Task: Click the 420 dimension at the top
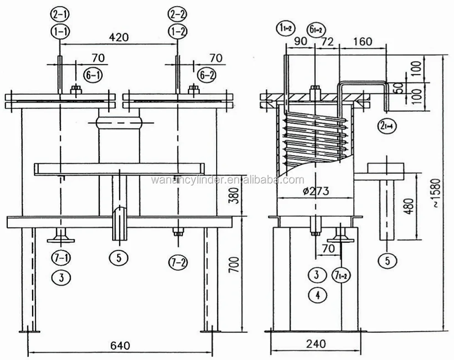click(x=119, y=36)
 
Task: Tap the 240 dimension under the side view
click(x=316, y=344)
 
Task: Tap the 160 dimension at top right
click(x=362, y=41)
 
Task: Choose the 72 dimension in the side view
click(x=327, y=41)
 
